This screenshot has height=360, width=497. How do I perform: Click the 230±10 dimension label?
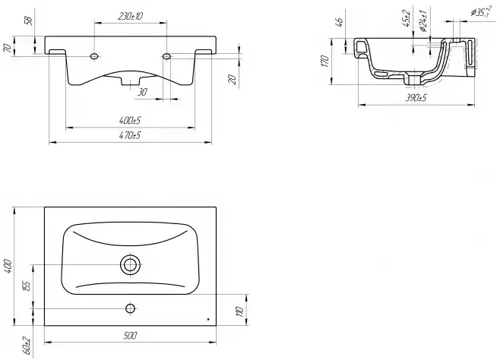[130, 16]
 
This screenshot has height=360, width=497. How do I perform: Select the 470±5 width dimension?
[130, 136]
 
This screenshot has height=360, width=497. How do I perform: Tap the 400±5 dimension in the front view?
[130, 121]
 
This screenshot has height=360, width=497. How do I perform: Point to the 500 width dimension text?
[130, 335]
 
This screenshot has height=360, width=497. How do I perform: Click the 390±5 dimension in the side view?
[416, 98]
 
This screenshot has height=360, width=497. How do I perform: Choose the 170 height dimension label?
[324, 62]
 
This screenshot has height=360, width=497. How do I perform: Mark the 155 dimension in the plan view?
[27, 286]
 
